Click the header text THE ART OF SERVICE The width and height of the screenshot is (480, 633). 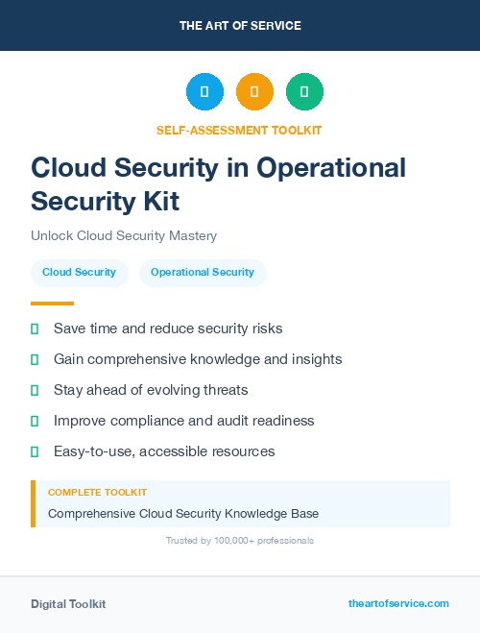pos(240,26)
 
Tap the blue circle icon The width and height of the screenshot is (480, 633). pos(204,92)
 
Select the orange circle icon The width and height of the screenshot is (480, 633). pos(254,92)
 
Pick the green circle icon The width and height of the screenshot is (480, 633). pos(304,92)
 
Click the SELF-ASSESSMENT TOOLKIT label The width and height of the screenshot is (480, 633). pos(240,130)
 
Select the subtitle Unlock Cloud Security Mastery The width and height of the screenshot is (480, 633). pos(124,236)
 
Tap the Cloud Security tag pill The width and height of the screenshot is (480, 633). pos(79,273)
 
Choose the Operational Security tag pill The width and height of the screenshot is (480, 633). pos(203,273)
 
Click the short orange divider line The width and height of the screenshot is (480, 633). pos(52,304)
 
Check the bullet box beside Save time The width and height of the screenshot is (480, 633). pos(35,329)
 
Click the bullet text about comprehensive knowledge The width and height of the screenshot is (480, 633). pos(198,359)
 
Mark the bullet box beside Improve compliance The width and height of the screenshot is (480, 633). pos(35,422)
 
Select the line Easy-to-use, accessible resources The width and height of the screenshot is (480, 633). pos(164,451)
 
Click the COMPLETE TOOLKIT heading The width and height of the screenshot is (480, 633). pos(97,492)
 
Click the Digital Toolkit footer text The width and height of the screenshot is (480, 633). pos(68,604)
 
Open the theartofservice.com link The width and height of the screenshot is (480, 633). pos(398,603)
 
